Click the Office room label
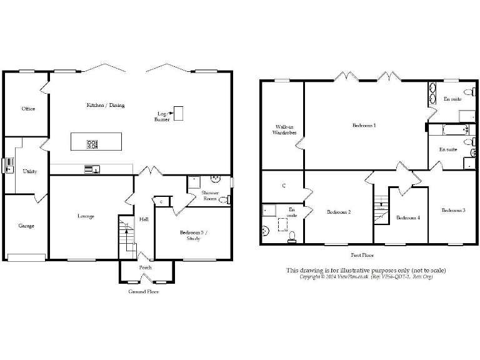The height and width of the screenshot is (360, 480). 28,109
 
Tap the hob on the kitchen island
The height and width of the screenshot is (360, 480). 92,144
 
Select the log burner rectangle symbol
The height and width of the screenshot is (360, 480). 178,113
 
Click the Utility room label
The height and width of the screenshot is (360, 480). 29,171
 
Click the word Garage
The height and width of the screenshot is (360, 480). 26,226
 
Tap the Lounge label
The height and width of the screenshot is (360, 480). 86,216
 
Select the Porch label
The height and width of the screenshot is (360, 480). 145,267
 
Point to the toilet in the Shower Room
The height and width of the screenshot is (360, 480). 224,200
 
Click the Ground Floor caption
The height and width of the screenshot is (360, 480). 143,292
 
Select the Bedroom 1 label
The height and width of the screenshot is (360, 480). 364,126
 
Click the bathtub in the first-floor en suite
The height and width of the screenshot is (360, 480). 446,131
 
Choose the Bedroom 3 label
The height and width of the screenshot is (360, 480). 453,210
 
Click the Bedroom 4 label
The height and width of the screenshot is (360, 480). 407,217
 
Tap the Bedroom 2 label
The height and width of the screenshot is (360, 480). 339,212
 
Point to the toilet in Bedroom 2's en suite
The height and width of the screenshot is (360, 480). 292,236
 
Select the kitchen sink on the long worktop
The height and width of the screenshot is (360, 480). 92,168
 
